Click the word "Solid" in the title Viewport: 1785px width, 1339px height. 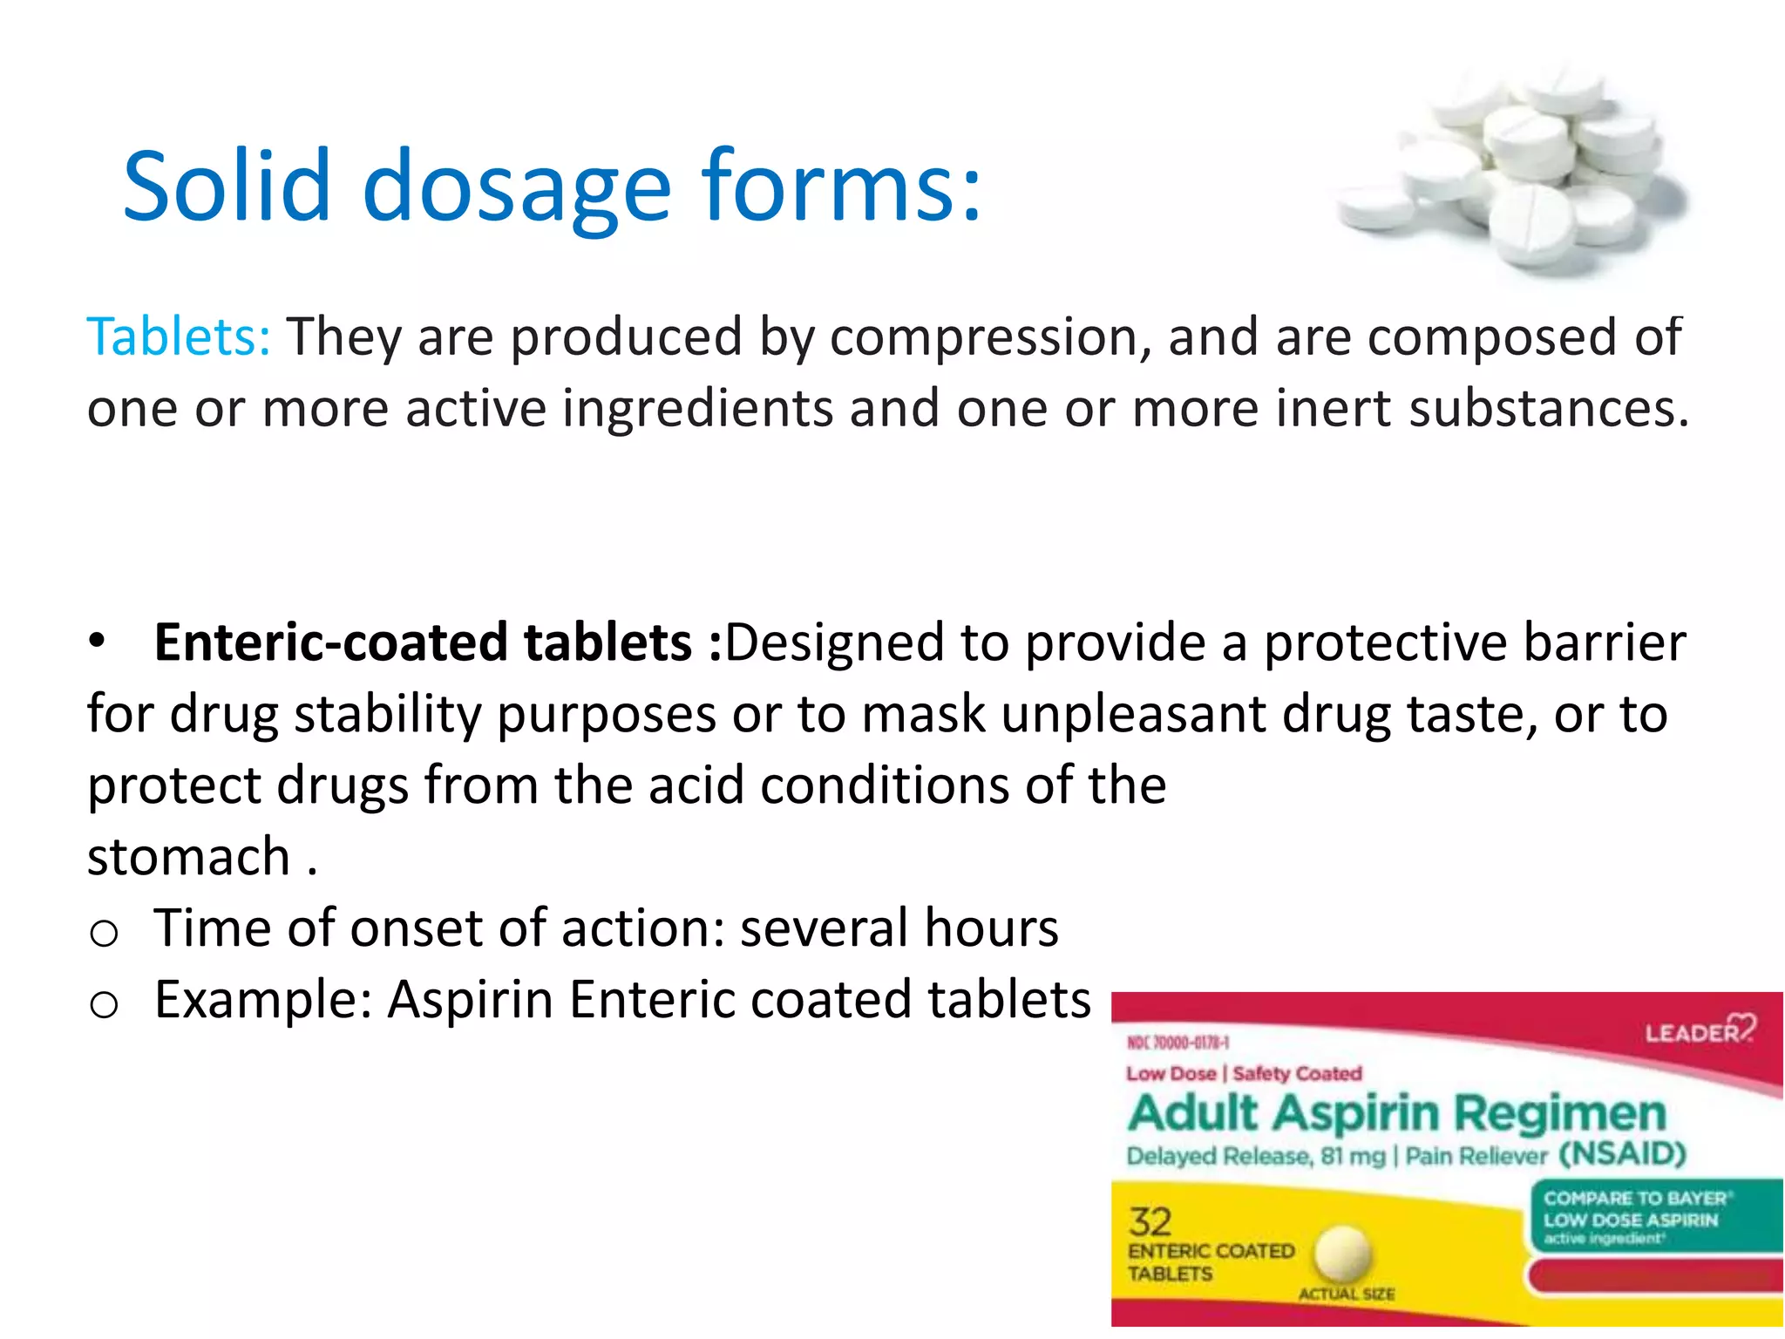tap(227, 185)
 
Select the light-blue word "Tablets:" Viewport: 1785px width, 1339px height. tap(179, 336)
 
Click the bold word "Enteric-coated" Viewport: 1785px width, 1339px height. tap(332, 642)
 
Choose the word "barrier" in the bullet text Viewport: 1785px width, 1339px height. tap(1604, 642)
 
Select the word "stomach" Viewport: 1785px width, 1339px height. tap(188, 856)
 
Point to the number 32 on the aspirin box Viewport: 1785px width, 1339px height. tap(1150, 1222)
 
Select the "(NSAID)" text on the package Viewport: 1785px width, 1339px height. tap(1622, 1154)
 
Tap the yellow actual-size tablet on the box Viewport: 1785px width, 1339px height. tap(1343, 1254)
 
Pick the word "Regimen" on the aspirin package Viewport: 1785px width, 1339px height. tap(1559, 1113)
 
